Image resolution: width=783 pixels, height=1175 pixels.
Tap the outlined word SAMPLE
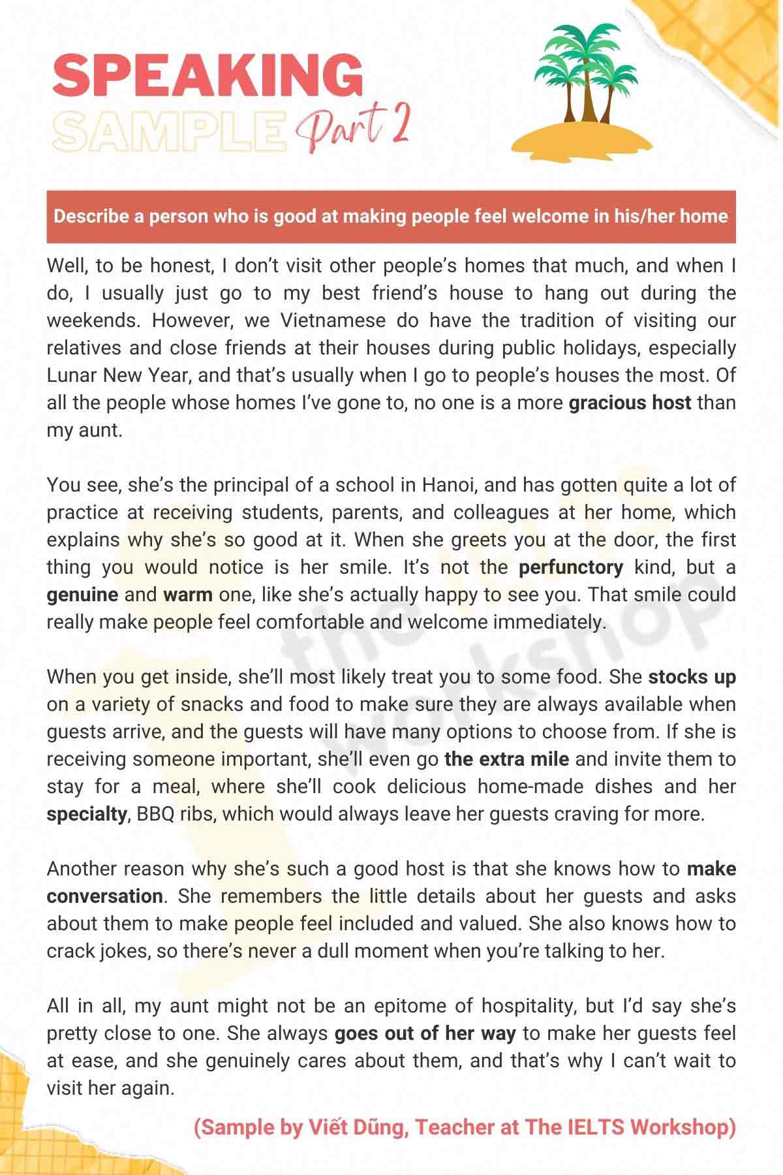point(170,129)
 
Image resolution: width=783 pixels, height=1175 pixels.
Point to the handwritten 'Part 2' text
point(353,127)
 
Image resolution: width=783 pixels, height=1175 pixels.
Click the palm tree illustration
point(584,72)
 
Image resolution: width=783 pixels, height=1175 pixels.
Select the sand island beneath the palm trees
point(581,137)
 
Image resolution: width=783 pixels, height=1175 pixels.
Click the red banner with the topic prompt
point(391,216)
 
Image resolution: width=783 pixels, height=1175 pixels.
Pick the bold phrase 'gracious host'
point(630,403)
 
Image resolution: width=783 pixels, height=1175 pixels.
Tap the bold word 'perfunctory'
point(571,567)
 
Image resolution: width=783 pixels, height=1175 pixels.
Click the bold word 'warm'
point(188,595)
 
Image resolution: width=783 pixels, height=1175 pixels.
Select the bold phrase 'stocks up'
point(692,677)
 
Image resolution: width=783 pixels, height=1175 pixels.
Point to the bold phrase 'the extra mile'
point(506,759)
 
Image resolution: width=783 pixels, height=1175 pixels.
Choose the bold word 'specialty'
point(87,814)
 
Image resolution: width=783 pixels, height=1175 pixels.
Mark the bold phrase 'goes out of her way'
point(425,1033)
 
